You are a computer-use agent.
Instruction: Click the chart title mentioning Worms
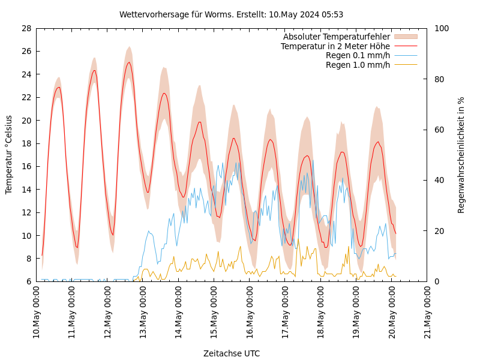point(231,14)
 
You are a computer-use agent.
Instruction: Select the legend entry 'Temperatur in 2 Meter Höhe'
point(335,46)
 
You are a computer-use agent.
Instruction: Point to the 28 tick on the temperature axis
point(26,28)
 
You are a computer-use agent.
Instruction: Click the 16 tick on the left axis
point(26,166)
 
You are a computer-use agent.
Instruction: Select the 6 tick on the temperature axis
point(28,281)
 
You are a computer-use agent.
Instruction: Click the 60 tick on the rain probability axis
point(439,130)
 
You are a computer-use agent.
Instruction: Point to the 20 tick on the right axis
point(439,231)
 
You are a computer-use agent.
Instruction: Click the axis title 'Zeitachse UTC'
point(232,353)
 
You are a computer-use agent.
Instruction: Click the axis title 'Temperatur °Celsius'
point(9,155)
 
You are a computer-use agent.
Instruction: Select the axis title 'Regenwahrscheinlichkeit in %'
point(461,155)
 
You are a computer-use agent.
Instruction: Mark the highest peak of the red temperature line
point(128,62)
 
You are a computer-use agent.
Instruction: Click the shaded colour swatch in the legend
point(405,37)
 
